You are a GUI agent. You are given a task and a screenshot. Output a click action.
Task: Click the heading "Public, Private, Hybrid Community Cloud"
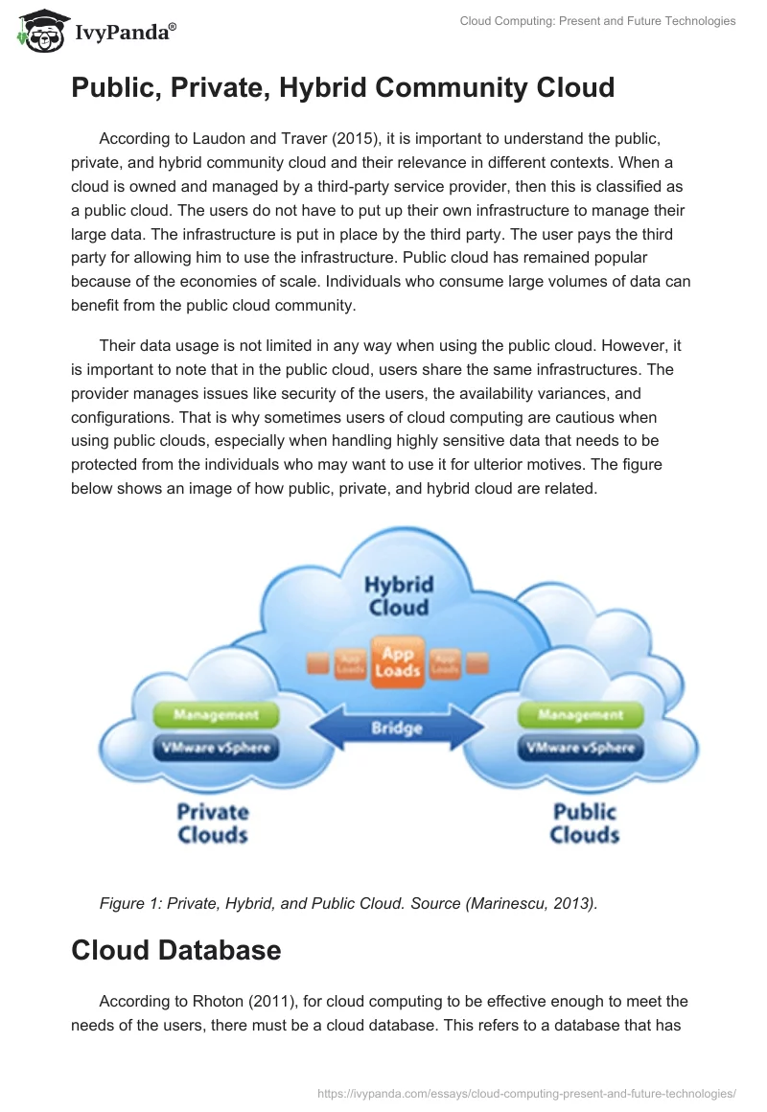point(342,88)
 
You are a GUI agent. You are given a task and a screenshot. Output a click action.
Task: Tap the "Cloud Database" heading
point(175,949)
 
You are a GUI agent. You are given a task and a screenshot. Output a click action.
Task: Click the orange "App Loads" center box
point(398,661)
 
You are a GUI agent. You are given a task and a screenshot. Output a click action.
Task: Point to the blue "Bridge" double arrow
point(397,729)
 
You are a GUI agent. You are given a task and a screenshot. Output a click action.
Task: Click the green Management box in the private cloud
point(216,714)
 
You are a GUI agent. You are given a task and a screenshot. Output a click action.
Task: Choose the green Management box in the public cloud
point(580,714)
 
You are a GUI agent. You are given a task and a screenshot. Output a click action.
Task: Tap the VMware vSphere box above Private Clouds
point(216,747)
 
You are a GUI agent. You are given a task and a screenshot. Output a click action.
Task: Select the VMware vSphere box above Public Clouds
point(580,747)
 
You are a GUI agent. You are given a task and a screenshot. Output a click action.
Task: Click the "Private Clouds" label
point(213,822)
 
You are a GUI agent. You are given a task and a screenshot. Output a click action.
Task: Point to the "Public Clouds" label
point(584,822)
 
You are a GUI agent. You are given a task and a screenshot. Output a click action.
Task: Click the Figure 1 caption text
point(348,902)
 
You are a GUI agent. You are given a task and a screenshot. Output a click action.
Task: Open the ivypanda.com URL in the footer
point(525,1092)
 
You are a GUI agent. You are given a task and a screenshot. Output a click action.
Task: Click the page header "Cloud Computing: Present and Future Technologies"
point(597,21)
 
